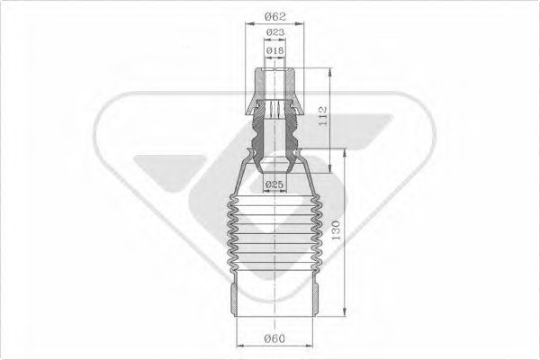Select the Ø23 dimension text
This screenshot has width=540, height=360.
(x=274, y=33)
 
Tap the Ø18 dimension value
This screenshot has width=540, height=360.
(x=274, y=52)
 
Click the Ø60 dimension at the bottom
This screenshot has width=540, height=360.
(x=274, y=339)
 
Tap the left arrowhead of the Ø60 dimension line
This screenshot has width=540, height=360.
(x=238, y=346)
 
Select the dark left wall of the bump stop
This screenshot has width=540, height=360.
(x=255, y=139)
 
